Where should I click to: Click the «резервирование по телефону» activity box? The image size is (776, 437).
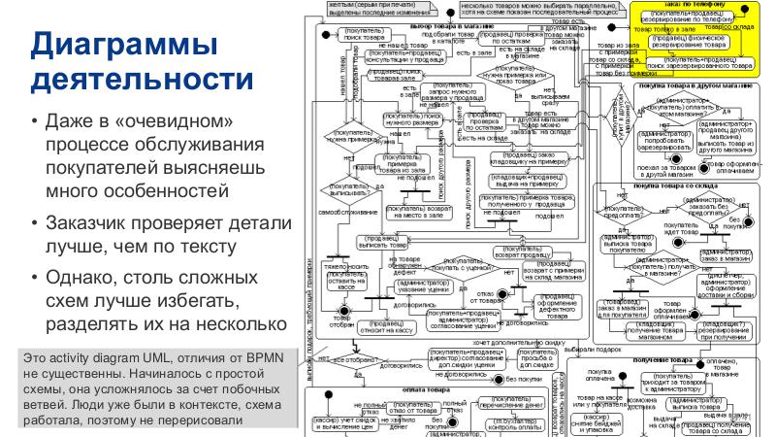tap(692, 18)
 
